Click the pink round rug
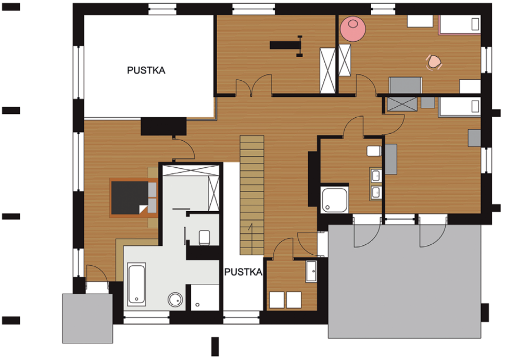(353, 29)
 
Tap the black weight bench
(286, 45)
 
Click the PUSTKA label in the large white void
(146, 70)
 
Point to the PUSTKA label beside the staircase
(243, 272)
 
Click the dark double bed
(134, 197)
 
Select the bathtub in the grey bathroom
(136, 284)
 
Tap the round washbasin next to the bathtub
(175, 300)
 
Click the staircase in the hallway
(252, 195)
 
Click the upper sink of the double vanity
(376, 176)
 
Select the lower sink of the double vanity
(376, 192)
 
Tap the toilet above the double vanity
(374, 151)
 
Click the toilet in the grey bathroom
(205, 238)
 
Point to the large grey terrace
(405, 281)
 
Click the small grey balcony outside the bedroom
(87, 318)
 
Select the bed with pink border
(459, 24)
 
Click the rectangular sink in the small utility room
(311, 271)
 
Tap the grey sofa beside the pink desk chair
(405, 85)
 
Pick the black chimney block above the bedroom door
(163, 126)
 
